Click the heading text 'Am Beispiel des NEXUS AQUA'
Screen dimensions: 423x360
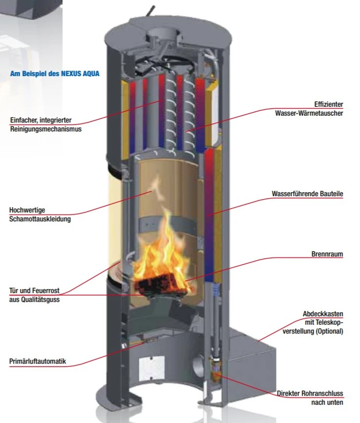[x=54, y=74]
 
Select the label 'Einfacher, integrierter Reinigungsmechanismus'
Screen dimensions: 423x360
[x=45, y=125]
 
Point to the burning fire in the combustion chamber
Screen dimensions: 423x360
[x=160, y=252]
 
